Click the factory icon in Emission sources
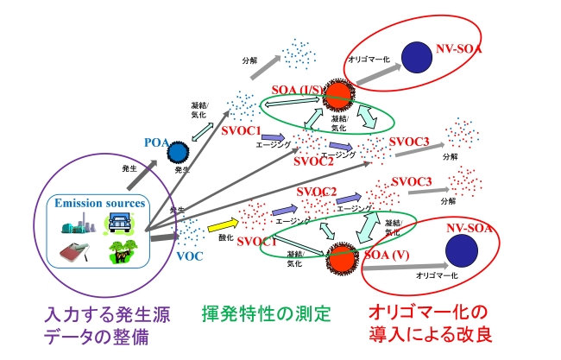76,225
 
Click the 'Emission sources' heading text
99,203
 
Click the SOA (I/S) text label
297,91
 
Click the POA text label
156,142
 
